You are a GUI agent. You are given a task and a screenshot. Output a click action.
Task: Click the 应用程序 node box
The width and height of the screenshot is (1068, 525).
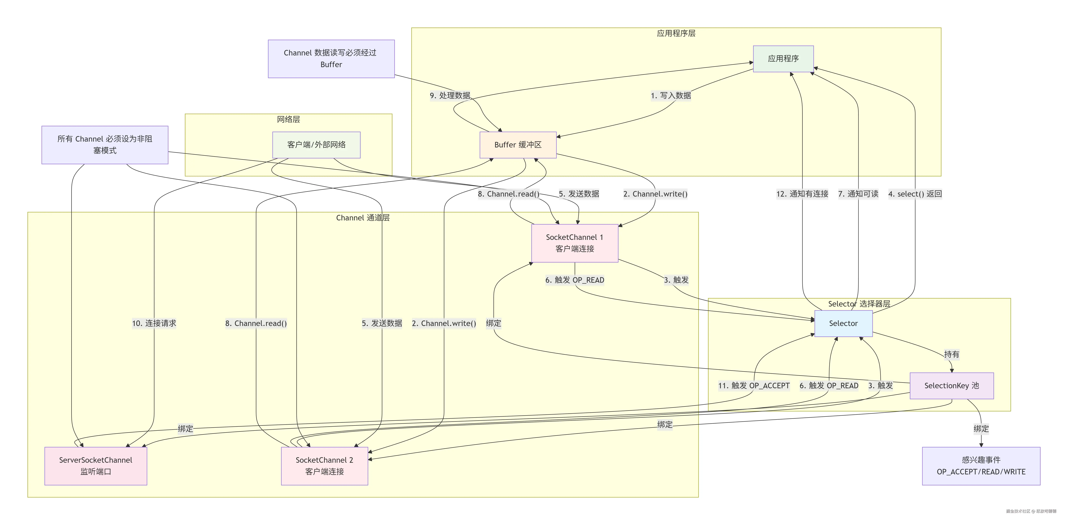tap(783, 59)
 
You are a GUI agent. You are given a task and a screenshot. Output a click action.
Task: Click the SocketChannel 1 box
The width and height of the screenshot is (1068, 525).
tap(575, 243)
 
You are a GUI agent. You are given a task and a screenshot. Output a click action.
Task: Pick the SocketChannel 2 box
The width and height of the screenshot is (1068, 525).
tap(324, 466)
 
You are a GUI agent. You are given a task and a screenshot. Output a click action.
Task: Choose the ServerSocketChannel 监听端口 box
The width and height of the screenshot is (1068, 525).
tap(96, 466)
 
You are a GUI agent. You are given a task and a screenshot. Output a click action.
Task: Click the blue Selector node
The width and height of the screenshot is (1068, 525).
tap(843, 323)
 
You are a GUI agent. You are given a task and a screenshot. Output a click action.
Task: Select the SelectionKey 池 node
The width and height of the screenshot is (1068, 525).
tap(952, 386)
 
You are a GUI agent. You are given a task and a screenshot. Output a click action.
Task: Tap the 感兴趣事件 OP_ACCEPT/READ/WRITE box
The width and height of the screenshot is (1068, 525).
tap(981, 466)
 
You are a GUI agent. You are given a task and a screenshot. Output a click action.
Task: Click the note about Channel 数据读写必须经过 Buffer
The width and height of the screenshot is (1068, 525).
tap(331, 59)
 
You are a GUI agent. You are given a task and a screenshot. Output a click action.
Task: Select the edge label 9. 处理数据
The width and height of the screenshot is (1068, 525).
tap(450, 96)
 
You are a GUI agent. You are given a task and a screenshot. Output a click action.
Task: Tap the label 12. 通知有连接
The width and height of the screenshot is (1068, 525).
tap(802, 194)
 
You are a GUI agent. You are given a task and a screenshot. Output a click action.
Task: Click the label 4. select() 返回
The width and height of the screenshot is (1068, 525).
tap(915, 194)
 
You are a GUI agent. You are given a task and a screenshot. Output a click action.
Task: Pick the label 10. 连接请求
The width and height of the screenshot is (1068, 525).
tap(154, 323)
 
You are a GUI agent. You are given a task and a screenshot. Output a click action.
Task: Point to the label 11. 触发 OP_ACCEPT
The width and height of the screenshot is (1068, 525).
tap(754, 386)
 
